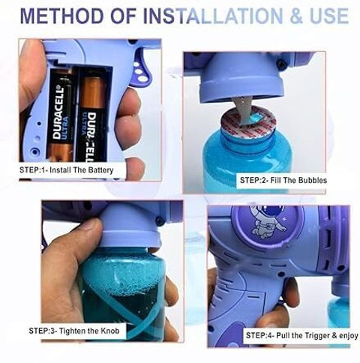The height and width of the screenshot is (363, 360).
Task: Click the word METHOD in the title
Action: pyautogui.click(x=61, y=16)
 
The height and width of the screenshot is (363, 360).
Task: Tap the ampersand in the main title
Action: pyautogui.click(x=295, y=16)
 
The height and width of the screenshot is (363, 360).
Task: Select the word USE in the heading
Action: pyautogui.click(x=328, y=16)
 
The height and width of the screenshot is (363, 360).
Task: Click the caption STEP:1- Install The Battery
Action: pyautogui.click(x=67, y=170)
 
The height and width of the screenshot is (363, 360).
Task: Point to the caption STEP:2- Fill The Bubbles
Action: pyautogui.click(x=283, y=180)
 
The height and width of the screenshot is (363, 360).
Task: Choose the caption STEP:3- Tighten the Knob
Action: pyautogui.click(x=74, y=331)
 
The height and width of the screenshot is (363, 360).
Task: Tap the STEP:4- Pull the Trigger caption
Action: pyautogui.click(x=302, y=335)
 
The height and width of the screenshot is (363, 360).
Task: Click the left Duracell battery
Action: pyautogui.click(x=61, y=115)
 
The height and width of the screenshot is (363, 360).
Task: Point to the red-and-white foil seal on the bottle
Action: pyautogui.click(x=248, y=121)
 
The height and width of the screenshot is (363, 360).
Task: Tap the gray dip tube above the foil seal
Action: pyautogui.click(x=241, y=111)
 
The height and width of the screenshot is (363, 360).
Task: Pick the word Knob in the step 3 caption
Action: pyautogui.click(x=109, y=331)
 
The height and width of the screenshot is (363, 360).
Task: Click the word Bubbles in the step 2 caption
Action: pyautogui.click(x=313, y=180)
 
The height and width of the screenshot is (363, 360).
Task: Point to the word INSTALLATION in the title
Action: pyautogui.click(x=212, y=16)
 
